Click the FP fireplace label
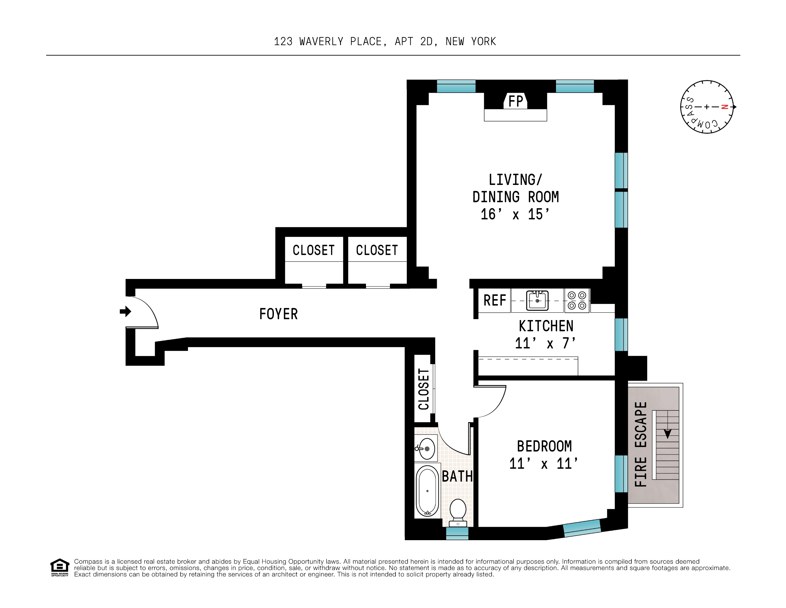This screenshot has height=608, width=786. (x=515, y=101)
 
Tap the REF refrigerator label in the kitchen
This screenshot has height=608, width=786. (x=495, y=300)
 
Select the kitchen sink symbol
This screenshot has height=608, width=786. (x=537, y=300)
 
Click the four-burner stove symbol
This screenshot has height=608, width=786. (x=577, y=300)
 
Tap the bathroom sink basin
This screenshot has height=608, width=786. (x=427, y=449)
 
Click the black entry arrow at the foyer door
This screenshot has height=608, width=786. (x=125, y=311)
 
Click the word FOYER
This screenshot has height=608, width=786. (x=278, y=314)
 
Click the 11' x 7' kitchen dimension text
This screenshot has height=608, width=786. (x=545, y=343)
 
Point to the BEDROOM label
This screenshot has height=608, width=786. (x=544, y=446)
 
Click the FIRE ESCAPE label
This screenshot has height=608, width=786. (x=641, y=444)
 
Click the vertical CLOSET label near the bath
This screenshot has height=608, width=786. (x=424, y=389)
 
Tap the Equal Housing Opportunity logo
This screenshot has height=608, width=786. (x=59, y=567)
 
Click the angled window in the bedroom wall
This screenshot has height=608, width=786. (x=582, y=528)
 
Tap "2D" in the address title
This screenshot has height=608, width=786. (x=426, y=42)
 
